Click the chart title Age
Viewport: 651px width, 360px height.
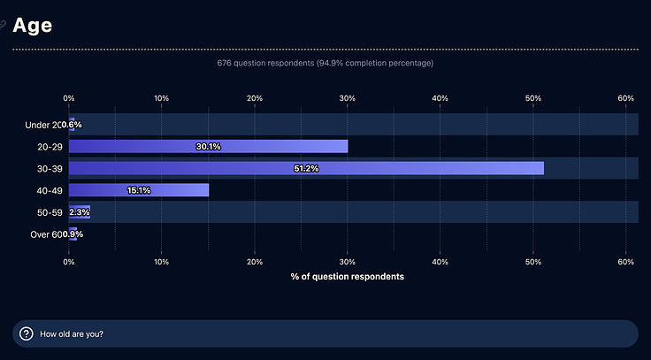point(32,26)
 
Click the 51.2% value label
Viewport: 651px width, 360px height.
point(305,168)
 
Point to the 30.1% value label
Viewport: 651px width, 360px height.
point(208,147)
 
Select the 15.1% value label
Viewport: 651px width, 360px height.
point(139,190)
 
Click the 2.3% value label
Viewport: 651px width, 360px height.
point(80,212)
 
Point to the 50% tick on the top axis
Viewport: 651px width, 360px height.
point(533,97)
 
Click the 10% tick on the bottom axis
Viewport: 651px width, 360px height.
point(162,262)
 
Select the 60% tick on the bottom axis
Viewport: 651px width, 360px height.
point(626,262)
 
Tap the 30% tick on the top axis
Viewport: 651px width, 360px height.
point(348,97)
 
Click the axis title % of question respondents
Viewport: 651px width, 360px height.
point(348,277)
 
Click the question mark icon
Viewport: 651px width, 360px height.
point(27,333)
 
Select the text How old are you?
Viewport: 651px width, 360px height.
point(71,334)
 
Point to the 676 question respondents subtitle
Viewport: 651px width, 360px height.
point(325,64)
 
